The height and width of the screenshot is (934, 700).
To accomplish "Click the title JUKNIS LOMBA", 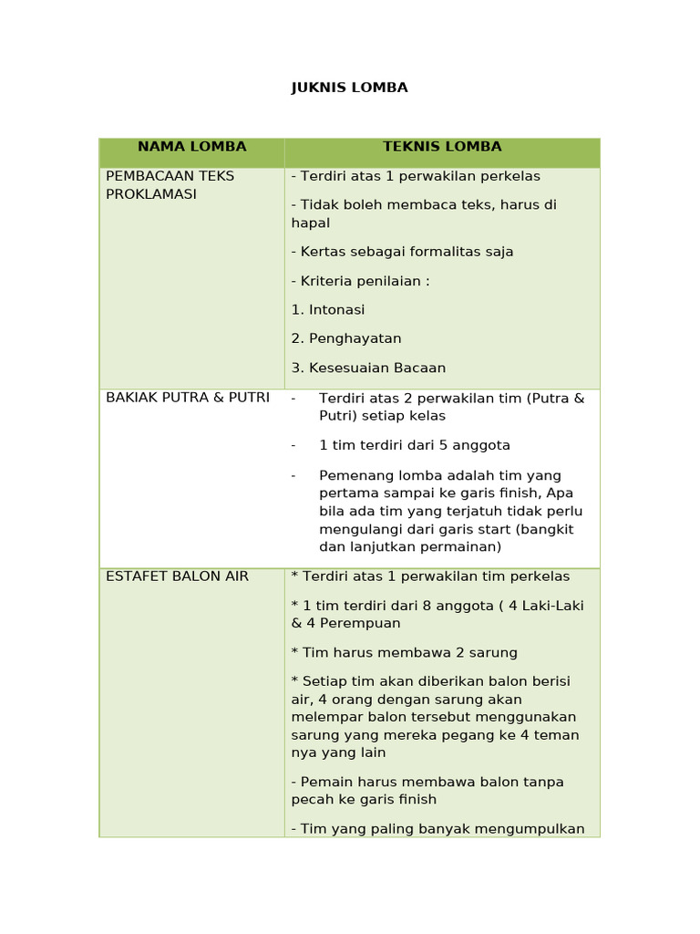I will [x=349, y=88].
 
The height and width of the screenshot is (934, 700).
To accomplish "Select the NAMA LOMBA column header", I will [x=191, y=147].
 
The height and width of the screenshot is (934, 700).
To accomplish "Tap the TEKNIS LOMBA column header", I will [x=442, y=147].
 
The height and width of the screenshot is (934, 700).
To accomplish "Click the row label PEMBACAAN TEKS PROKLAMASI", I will [x=170, y=185].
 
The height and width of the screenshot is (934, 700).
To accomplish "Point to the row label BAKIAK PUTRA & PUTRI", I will [x=188, y=398].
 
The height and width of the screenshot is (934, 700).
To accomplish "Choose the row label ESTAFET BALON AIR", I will [x=177, y=576].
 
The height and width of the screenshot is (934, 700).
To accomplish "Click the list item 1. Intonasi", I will [x=328, y=310].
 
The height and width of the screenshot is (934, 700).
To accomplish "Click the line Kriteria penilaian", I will [x=362, y=281].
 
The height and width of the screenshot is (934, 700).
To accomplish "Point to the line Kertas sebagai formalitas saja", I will [x=403, y=252].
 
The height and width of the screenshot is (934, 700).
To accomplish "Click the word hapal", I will [x=311, y=223].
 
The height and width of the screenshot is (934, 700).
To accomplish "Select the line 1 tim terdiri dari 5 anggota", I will [x=415, y=445].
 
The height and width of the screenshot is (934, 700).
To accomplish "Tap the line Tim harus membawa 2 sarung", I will [x=405, y=653].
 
